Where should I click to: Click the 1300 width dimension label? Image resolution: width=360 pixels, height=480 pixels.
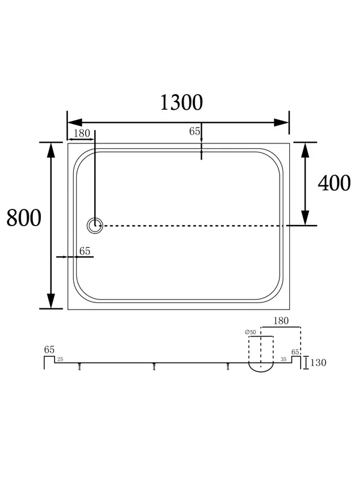pos(181,102)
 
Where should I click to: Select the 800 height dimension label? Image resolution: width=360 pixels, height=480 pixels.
pos(23,218)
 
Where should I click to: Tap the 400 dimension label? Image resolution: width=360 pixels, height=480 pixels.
pos(334,183)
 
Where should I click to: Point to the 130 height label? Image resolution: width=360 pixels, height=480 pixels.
pos(318,362)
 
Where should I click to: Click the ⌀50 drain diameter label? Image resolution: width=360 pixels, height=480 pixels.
pos(250,332)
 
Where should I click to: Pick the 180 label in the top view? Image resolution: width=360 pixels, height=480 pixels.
pos(82,133)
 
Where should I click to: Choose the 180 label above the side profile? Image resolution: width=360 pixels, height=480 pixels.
pos(281,320)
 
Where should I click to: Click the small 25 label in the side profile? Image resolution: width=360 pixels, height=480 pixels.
pos(61,359)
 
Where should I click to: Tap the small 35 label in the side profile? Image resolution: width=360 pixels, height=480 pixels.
pos(283,359)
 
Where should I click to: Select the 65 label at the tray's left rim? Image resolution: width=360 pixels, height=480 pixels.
pos(85,251)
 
